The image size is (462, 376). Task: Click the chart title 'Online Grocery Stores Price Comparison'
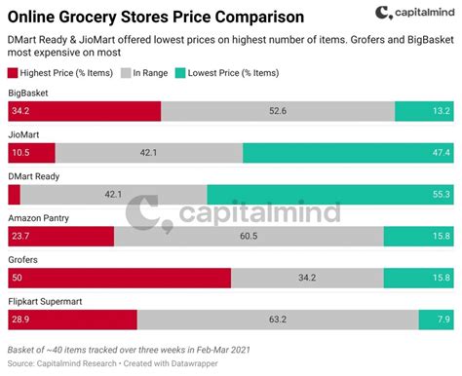(156, 18)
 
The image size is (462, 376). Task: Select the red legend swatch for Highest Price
(14, 73)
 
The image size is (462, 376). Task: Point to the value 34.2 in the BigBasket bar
(19, 111)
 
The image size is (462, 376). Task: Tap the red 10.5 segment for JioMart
(31, 153)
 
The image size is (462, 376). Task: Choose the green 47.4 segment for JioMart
(347, 153)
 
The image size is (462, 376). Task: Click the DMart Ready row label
(35, 176)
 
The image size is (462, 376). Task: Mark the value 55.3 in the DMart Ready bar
(441, 194)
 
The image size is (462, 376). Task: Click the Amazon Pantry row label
(38, 218)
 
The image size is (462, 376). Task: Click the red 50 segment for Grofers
(119, 278)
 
